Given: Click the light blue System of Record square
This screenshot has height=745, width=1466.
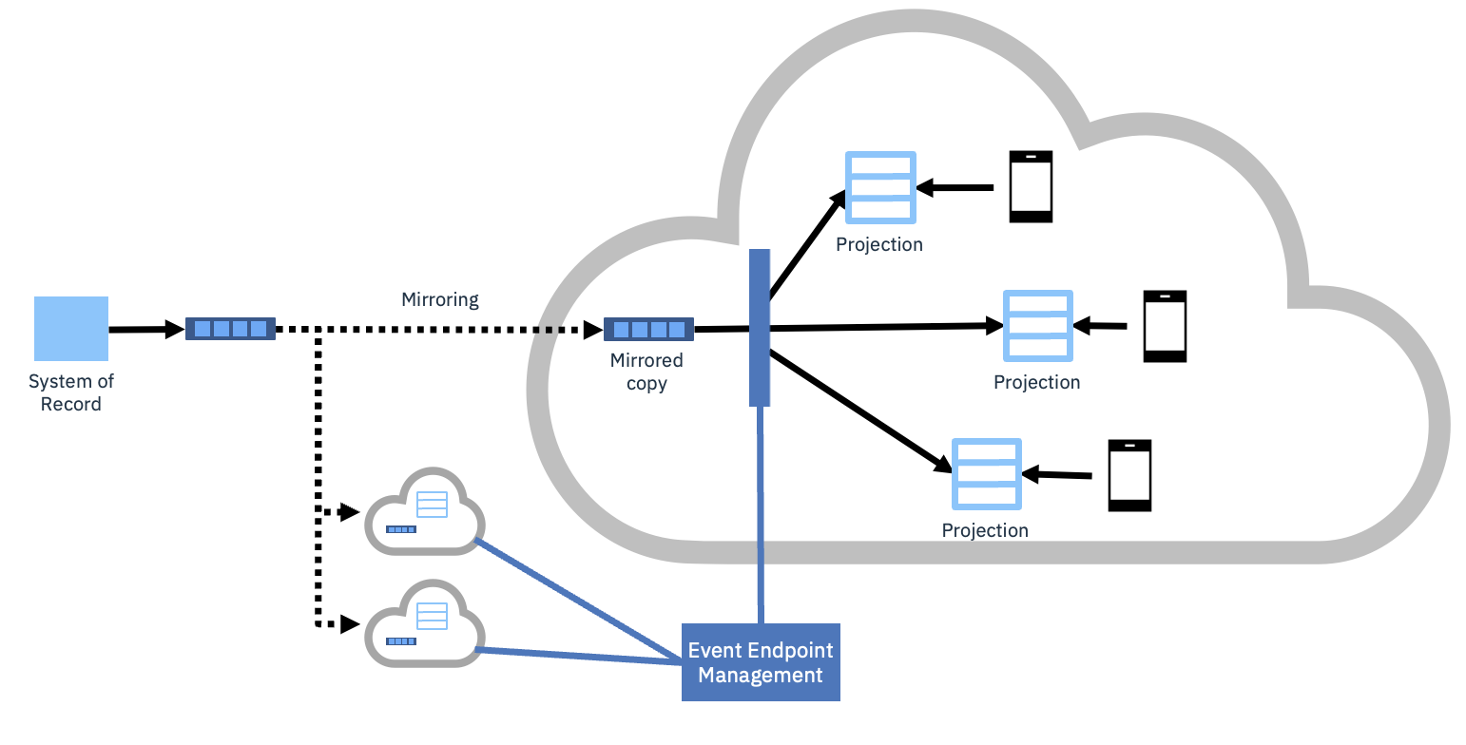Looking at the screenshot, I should pyautogui.click(x=71, y=329).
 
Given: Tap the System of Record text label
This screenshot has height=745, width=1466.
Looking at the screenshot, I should pyautogui.click(x=71, y=392).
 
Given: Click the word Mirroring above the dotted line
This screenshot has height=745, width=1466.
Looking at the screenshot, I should pyautogui.click(x=440, y=300).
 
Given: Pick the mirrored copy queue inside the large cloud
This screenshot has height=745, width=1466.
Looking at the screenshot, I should pyautogui.click(x=648, y=330).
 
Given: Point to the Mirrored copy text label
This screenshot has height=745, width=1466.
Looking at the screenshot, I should pyautogui.click(x=646, y=372).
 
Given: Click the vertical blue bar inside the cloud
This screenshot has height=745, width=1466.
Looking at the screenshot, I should pyautogui.click(x=759, y=328).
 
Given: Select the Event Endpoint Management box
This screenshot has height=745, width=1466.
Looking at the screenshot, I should pyautogui.click(x=761, y=662).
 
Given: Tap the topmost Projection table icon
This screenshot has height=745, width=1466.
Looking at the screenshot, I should pyautogui.click(x=880, y=187).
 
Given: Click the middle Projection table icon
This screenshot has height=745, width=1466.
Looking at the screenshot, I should pyautogui.click(x=1038, y=326).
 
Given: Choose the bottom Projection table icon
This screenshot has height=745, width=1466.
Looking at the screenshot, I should pyautogui.click(x=986, y=473).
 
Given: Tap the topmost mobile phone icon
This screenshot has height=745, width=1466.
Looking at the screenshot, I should pyautogui.click(x=1031, y=186).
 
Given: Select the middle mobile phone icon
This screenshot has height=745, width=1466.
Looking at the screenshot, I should pyautogui.click(x=1165, y=326).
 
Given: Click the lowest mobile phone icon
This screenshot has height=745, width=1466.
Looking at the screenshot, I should pyautogui.click(x=1129, y=475).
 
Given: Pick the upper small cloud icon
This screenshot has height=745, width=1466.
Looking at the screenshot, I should pyautogui.click(x=425, y=513).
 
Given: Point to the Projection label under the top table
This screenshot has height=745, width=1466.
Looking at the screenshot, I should pyautogui.click(x=879, y=245).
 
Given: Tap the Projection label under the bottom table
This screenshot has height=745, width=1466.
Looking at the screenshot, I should pyautogui.click(x=985, y=530).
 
